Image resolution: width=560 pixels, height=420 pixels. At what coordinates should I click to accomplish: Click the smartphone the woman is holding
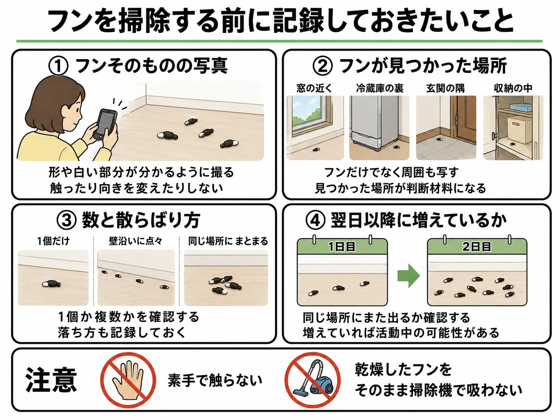105,124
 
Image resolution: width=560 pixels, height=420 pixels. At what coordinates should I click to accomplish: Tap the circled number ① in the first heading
58,66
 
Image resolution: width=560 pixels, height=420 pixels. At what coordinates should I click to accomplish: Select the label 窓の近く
314,89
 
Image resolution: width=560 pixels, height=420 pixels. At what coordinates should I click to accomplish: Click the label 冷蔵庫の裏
380,89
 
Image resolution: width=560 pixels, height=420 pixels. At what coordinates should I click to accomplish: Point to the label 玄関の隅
446,89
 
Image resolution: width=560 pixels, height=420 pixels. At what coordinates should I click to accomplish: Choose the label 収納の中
513,89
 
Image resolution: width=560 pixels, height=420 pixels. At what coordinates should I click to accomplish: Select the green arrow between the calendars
408,276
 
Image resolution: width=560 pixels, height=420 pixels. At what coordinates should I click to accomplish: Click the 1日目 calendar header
342,247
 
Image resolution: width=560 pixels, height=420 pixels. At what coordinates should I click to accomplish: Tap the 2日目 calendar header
477,247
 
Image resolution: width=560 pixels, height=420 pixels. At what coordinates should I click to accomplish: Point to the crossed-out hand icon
128,380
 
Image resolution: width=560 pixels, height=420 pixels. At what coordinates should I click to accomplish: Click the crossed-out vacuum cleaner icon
312,380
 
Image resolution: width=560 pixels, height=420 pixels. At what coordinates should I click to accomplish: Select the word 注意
51,380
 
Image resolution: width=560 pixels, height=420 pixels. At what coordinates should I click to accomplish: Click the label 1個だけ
53,241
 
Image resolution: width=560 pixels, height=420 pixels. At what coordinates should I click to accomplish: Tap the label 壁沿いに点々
135,241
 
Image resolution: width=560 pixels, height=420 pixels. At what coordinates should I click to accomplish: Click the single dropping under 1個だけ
51,284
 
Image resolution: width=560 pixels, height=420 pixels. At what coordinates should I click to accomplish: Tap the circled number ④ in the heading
316,220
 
